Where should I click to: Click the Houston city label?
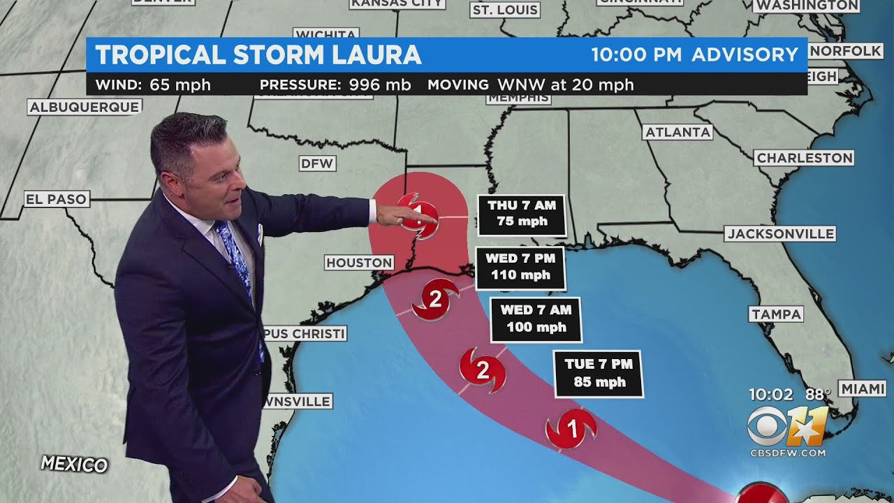coord(360,263)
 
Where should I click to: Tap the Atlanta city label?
coord(677,132)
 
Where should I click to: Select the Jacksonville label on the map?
coord(779,233)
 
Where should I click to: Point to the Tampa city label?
coord(776,314)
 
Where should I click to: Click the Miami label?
coord(863,389)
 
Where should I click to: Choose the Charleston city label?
coord(805,158)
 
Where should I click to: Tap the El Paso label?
coord(56,199)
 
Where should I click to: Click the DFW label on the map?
coord(318,163)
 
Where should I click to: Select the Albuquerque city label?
coord(85,107)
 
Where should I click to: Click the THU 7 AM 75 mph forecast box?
coord(522,214)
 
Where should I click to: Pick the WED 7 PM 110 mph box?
coord(520,267)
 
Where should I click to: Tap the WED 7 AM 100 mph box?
coord(536,319)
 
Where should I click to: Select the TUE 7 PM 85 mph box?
coord(599,373)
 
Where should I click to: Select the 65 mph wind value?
coord(180,85)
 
